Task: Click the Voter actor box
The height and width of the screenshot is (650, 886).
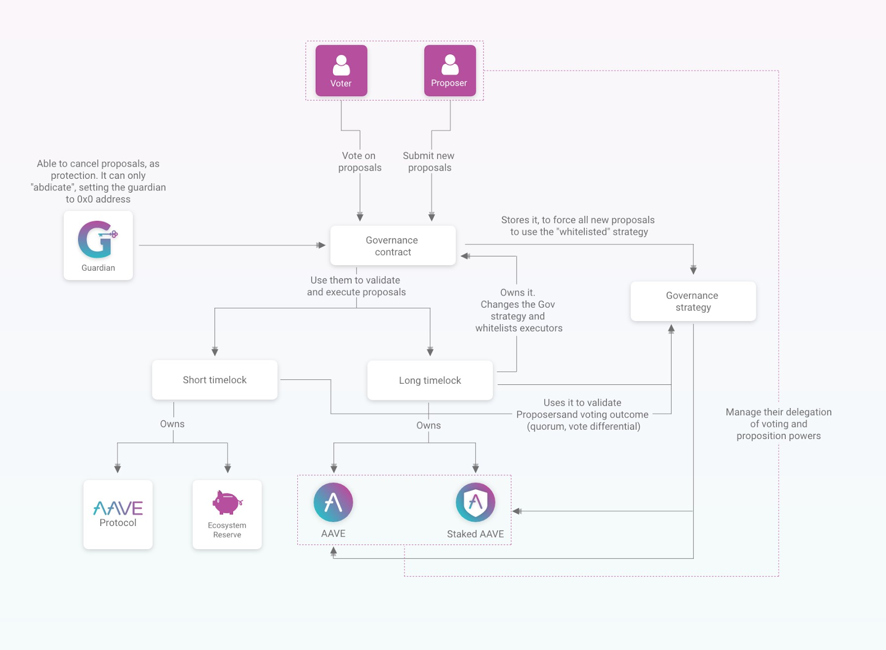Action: [341, 70]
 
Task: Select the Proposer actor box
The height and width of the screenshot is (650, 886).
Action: [450, 70]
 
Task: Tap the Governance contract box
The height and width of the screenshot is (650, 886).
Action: [393, 245]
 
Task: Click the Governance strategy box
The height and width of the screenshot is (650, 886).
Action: [693, 301]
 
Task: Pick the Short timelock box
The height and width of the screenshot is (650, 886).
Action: [214, 380]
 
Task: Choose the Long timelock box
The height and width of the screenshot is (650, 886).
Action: [430, 380]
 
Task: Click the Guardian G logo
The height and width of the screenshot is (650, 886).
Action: [97, 239]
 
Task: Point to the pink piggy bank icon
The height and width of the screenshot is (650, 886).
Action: [227, 502]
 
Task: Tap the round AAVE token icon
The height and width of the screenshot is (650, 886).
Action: [333, 502]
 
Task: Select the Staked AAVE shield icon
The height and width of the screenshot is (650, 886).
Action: [475, 502]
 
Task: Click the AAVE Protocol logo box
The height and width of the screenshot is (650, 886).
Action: [118, 514]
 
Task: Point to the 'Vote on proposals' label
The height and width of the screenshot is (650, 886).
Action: [359, 162]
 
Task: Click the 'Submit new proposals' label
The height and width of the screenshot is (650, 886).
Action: [429, 162]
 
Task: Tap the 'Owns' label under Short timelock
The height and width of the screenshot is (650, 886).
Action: [172, 424]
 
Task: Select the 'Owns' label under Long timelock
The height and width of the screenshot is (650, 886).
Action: [429, 425]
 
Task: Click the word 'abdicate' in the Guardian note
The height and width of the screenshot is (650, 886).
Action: [53, 188]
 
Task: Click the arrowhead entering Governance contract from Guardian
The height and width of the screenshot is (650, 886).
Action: [321, 245]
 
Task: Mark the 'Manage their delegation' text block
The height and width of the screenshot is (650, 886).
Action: [779, 424]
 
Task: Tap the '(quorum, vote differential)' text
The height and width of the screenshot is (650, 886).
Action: [584, 426]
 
